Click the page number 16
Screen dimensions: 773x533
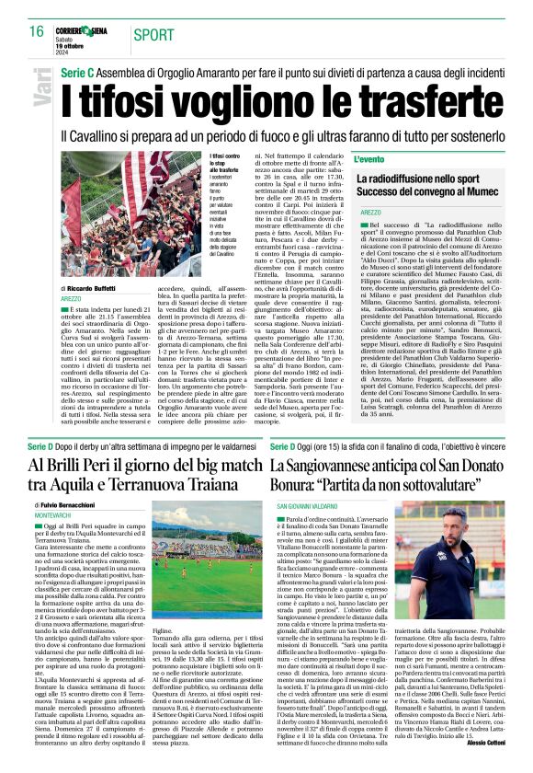click(36, 31)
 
